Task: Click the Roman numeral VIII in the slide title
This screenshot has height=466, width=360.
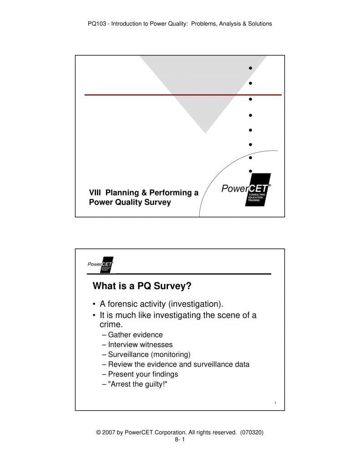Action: [95, 193]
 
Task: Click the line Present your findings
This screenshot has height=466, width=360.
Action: [143, 374]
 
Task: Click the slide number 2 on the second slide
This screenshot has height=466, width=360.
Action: [276, 403]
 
